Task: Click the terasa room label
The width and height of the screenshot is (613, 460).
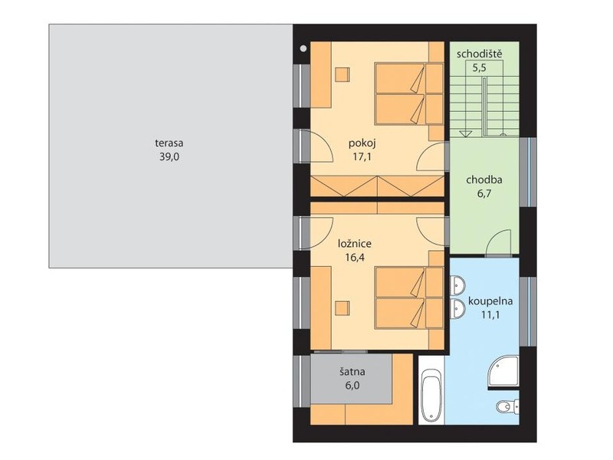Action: click(169, 143)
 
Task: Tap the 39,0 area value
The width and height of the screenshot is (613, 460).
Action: click(169, 157)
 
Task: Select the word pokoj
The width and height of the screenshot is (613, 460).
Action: click(362, 143)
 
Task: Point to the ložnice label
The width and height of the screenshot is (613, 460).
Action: click(355, 244)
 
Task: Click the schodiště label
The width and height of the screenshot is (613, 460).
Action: click(480, 54)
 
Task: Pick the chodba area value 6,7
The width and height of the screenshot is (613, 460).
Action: click(484, 194)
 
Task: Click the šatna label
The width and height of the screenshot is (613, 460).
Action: click(352, 371)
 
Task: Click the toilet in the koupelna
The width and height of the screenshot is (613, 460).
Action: click(507, 407)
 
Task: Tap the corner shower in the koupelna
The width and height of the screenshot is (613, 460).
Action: click(503, 373)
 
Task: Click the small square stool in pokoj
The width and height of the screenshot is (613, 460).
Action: click(342, 74)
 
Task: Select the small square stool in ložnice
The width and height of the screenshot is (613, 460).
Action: click(342, 308)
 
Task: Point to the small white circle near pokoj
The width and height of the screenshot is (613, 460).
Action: click(303, 48)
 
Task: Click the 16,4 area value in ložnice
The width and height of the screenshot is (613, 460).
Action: click(355, 258)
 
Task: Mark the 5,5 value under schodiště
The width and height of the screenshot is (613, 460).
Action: click(480, 68)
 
